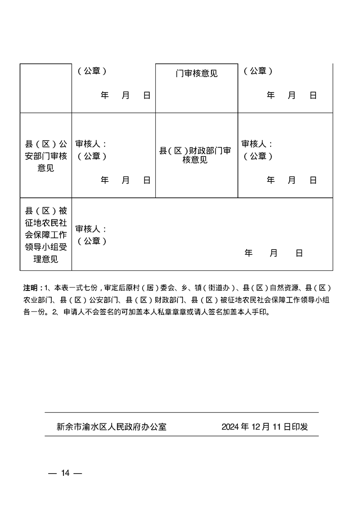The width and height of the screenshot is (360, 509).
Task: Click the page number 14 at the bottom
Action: [65, 473]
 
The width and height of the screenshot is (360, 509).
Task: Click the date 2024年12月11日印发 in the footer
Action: [265, 427]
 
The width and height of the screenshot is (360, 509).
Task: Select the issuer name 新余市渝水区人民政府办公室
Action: [112, 427]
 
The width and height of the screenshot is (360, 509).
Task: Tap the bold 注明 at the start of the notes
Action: [31, 288]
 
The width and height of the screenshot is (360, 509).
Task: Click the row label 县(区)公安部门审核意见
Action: [45, 156]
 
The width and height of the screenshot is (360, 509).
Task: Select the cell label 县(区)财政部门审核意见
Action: [196, 155]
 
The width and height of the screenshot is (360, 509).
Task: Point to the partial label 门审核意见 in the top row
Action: [197, 73]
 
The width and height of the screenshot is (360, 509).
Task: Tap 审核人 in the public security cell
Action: [90, 144]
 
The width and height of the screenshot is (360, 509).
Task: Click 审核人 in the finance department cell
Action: [256, 144]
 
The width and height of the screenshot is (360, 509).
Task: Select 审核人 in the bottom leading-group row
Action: [90, 229]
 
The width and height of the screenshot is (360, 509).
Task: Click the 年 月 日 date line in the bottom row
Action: [273, 253]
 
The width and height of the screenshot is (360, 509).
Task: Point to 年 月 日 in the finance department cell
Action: [291, 180]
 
